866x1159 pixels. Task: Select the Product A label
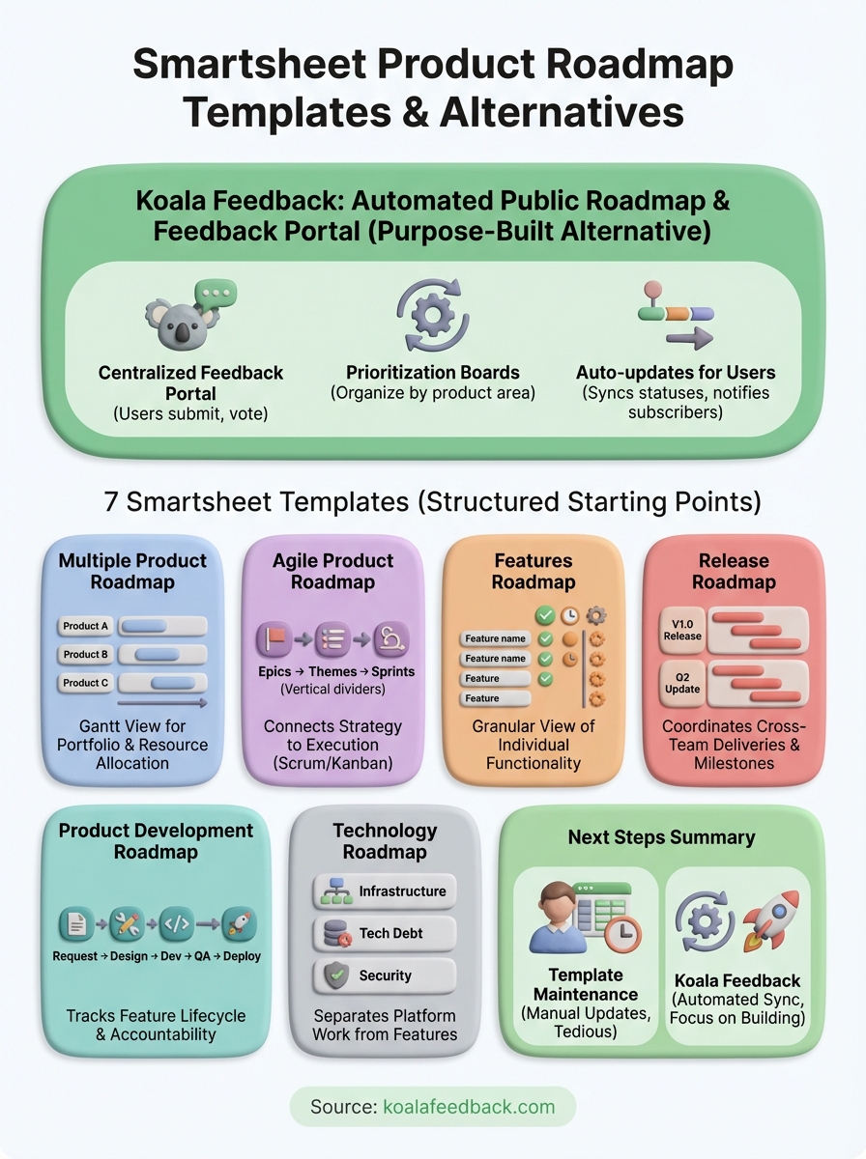coord(86,626)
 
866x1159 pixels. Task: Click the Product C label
coord(86,683)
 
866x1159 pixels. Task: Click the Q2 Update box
coord(682,683)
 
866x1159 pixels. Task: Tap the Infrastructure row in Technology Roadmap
coord(385,891)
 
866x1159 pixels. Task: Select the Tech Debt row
coord(385,933)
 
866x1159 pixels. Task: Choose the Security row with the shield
coord(385,975)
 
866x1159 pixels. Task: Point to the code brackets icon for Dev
coord(176,924)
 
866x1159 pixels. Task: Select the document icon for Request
coord(76,924)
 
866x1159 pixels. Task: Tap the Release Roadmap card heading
coord(734,571)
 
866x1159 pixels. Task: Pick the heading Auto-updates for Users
coord(676,373)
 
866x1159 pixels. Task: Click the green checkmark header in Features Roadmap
coord(545,614)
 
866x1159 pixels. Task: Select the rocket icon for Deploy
coord(238,924)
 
